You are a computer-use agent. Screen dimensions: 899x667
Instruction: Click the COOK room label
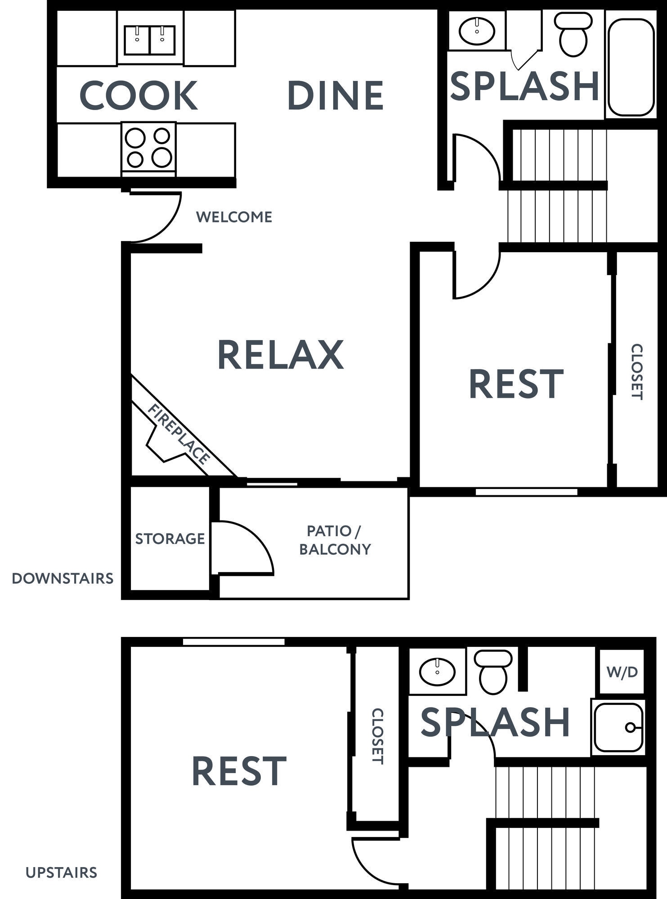click(138, 95)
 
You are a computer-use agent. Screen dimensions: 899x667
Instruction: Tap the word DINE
click(335, 95)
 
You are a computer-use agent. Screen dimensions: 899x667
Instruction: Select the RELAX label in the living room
click(281, 355)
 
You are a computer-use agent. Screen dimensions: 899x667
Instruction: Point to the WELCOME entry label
click(234, 217)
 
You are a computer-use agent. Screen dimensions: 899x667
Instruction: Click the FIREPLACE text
click(179, 434)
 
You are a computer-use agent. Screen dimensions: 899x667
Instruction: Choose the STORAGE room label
click(170, 539)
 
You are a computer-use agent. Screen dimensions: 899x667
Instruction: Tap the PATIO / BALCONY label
click(335, 540)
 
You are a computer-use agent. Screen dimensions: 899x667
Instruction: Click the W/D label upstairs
click(622, 672)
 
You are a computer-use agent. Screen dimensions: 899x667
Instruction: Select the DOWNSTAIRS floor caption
click(63, 579)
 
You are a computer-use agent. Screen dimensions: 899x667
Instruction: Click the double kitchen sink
click(150, 40)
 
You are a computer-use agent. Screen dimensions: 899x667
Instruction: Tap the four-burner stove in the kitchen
click(148, 147)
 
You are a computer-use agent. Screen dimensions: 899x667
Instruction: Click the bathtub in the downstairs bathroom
click(631, 67)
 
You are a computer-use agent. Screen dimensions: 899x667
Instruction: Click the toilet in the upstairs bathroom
click(493, 672)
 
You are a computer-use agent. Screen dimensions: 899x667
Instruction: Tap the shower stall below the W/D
click(618, 727)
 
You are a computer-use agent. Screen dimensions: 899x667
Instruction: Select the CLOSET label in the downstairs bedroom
click(636, 372)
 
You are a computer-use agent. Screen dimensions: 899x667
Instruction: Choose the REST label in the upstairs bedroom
click(239, 771)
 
